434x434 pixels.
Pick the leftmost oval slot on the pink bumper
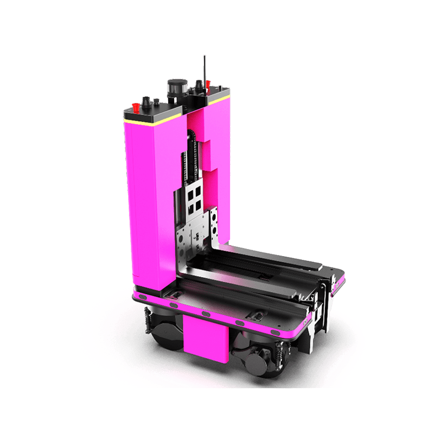coord(144,297)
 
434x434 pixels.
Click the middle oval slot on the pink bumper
coord(206,314)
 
